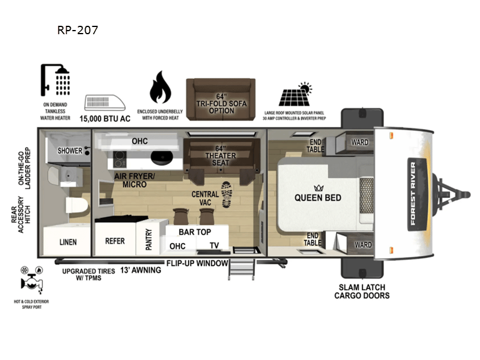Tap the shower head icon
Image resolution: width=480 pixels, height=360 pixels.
(x=55, y=80)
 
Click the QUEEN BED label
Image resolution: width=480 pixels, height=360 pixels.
(x=317, y=198)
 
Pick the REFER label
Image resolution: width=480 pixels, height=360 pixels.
(x=115, y=241)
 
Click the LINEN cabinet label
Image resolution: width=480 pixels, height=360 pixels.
(x=68, y=242)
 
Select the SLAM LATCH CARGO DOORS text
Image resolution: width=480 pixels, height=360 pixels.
(x=362, y=291)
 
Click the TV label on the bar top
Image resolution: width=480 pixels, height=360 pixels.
(x=214, y=245)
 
